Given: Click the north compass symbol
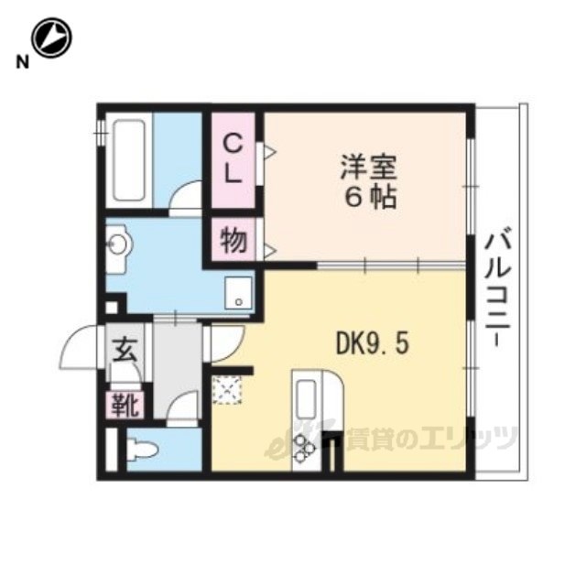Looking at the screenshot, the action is tap(51, 38).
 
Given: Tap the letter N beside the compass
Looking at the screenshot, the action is tap(22, 62).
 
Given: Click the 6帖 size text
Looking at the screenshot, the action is tap(370, 197).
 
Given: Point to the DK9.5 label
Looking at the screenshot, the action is tap(373, 344).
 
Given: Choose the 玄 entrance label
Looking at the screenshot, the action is tap(125, 351).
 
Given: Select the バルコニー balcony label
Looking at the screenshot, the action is tap(497, 287).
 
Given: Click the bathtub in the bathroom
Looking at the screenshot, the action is tap(129, 160).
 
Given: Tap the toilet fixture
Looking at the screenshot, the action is tap(141, 449).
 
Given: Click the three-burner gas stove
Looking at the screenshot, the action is tap(305, 448).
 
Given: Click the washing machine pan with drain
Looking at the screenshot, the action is tap(238, 293).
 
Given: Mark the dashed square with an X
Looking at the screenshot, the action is tap(227, 390).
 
